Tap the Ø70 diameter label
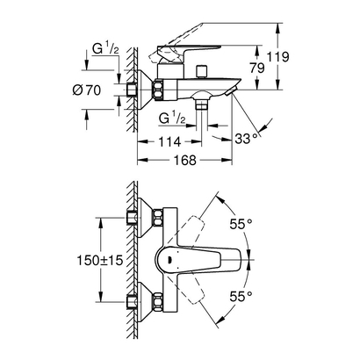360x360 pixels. (x=101, y=90)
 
